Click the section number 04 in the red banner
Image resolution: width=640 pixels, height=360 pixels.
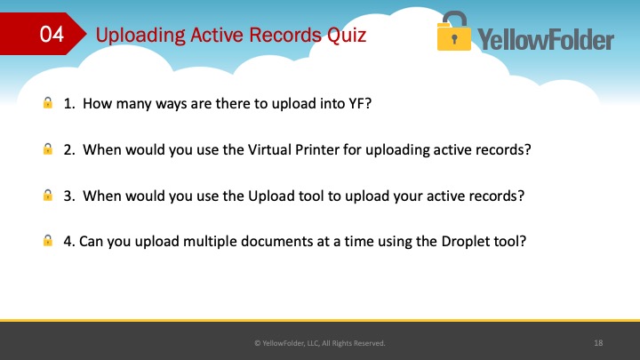(52, 34)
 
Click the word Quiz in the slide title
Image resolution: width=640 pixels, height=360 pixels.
(347, 35)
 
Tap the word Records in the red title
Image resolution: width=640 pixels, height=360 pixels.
(285, 35)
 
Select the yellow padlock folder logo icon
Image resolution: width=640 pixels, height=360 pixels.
(453, 31)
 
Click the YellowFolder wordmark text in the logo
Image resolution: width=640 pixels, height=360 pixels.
(546, 40)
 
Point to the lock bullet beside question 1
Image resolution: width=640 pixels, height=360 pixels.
(48, 102)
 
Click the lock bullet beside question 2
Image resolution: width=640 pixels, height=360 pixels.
(48, 148)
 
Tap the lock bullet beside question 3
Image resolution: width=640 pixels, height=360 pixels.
(48, 195)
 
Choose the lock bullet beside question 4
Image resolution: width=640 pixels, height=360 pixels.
(48, 240)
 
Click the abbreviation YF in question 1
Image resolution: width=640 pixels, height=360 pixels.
(356, 104)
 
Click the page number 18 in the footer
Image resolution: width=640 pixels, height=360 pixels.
(598, 343)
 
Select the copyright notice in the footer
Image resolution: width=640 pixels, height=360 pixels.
(320, 343)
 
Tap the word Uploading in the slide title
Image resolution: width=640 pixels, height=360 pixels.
(140, 36)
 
